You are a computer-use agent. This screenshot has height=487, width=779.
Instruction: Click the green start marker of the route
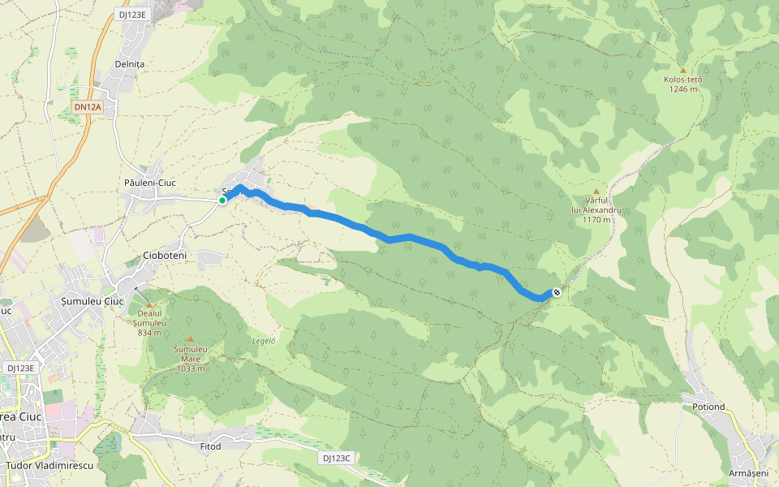click(x=222, y=200)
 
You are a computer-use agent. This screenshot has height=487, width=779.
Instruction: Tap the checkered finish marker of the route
click(x=557, y=292)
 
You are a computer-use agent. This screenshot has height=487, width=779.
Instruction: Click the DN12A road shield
click(x=87, y=106)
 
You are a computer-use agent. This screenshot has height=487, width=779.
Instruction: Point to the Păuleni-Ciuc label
click(x=150, y=183)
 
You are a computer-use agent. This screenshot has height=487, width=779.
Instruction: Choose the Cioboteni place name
click(x=164, y=255)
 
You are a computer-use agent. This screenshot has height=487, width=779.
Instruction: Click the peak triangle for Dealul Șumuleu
click(x=148, y=304)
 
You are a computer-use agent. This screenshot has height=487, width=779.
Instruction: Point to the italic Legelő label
click(x=264, y=341)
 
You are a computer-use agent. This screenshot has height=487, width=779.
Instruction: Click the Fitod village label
click(x=209, y=446)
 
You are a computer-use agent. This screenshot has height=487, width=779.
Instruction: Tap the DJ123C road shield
click(x=336, y=458)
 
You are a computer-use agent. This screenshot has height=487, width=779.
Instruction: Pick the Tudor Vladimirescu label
click(x=49, y=466)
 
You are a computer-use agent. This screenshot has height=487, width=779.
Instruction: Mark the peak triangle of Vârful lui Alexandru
click(x=596, y=192)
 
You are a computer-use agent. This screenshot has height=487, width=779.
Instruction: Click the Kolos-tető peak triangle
click(x=682, y=71)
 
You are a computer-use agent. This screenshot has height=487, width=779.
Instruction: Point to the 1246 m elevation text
click(x=684, y=89)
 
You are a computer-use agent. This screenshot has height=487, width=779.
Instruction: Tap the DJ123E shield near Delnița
click(x=131, y=15)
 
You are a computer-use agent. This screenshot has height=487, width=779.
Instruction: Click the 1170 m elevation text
click(x=596, y=219)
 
